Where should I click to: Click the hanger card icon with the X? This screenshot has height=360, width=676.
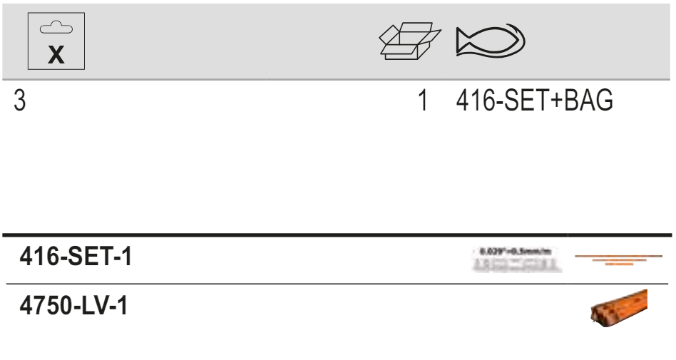[x=56, y=41]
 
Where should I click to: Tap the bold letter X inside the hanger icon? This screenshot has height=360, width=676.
[x=56, y=56]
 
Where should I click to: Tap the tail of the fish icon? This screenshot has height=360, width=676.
[x=462, y=41]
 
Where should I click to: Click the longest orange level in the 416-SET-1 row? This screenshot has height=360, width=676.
[x=618, y=255]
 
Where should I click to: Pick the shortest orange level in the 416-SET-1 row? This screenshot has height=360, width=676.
[x=618, y=264]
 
